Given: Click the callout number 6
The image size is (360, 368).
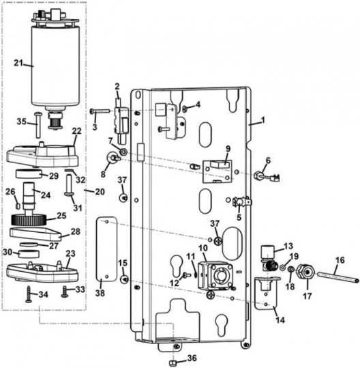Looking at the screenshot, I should point(267,160).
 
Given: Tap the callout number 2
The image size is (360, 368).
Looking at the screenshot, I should point(117,86).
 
